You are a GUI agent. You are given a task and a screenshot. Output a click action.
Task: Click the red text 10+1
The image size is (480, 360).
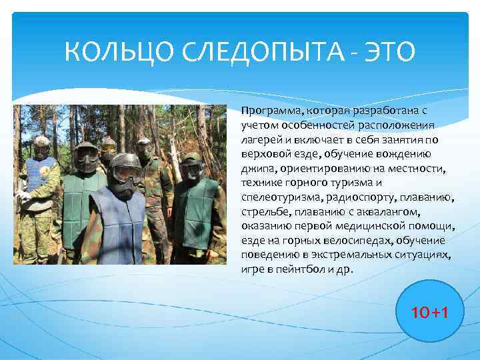(x=429, y=311)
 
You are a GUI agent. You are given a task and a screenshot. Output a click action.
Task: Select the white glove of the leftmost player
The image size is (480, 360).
(x=23, y=196)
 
